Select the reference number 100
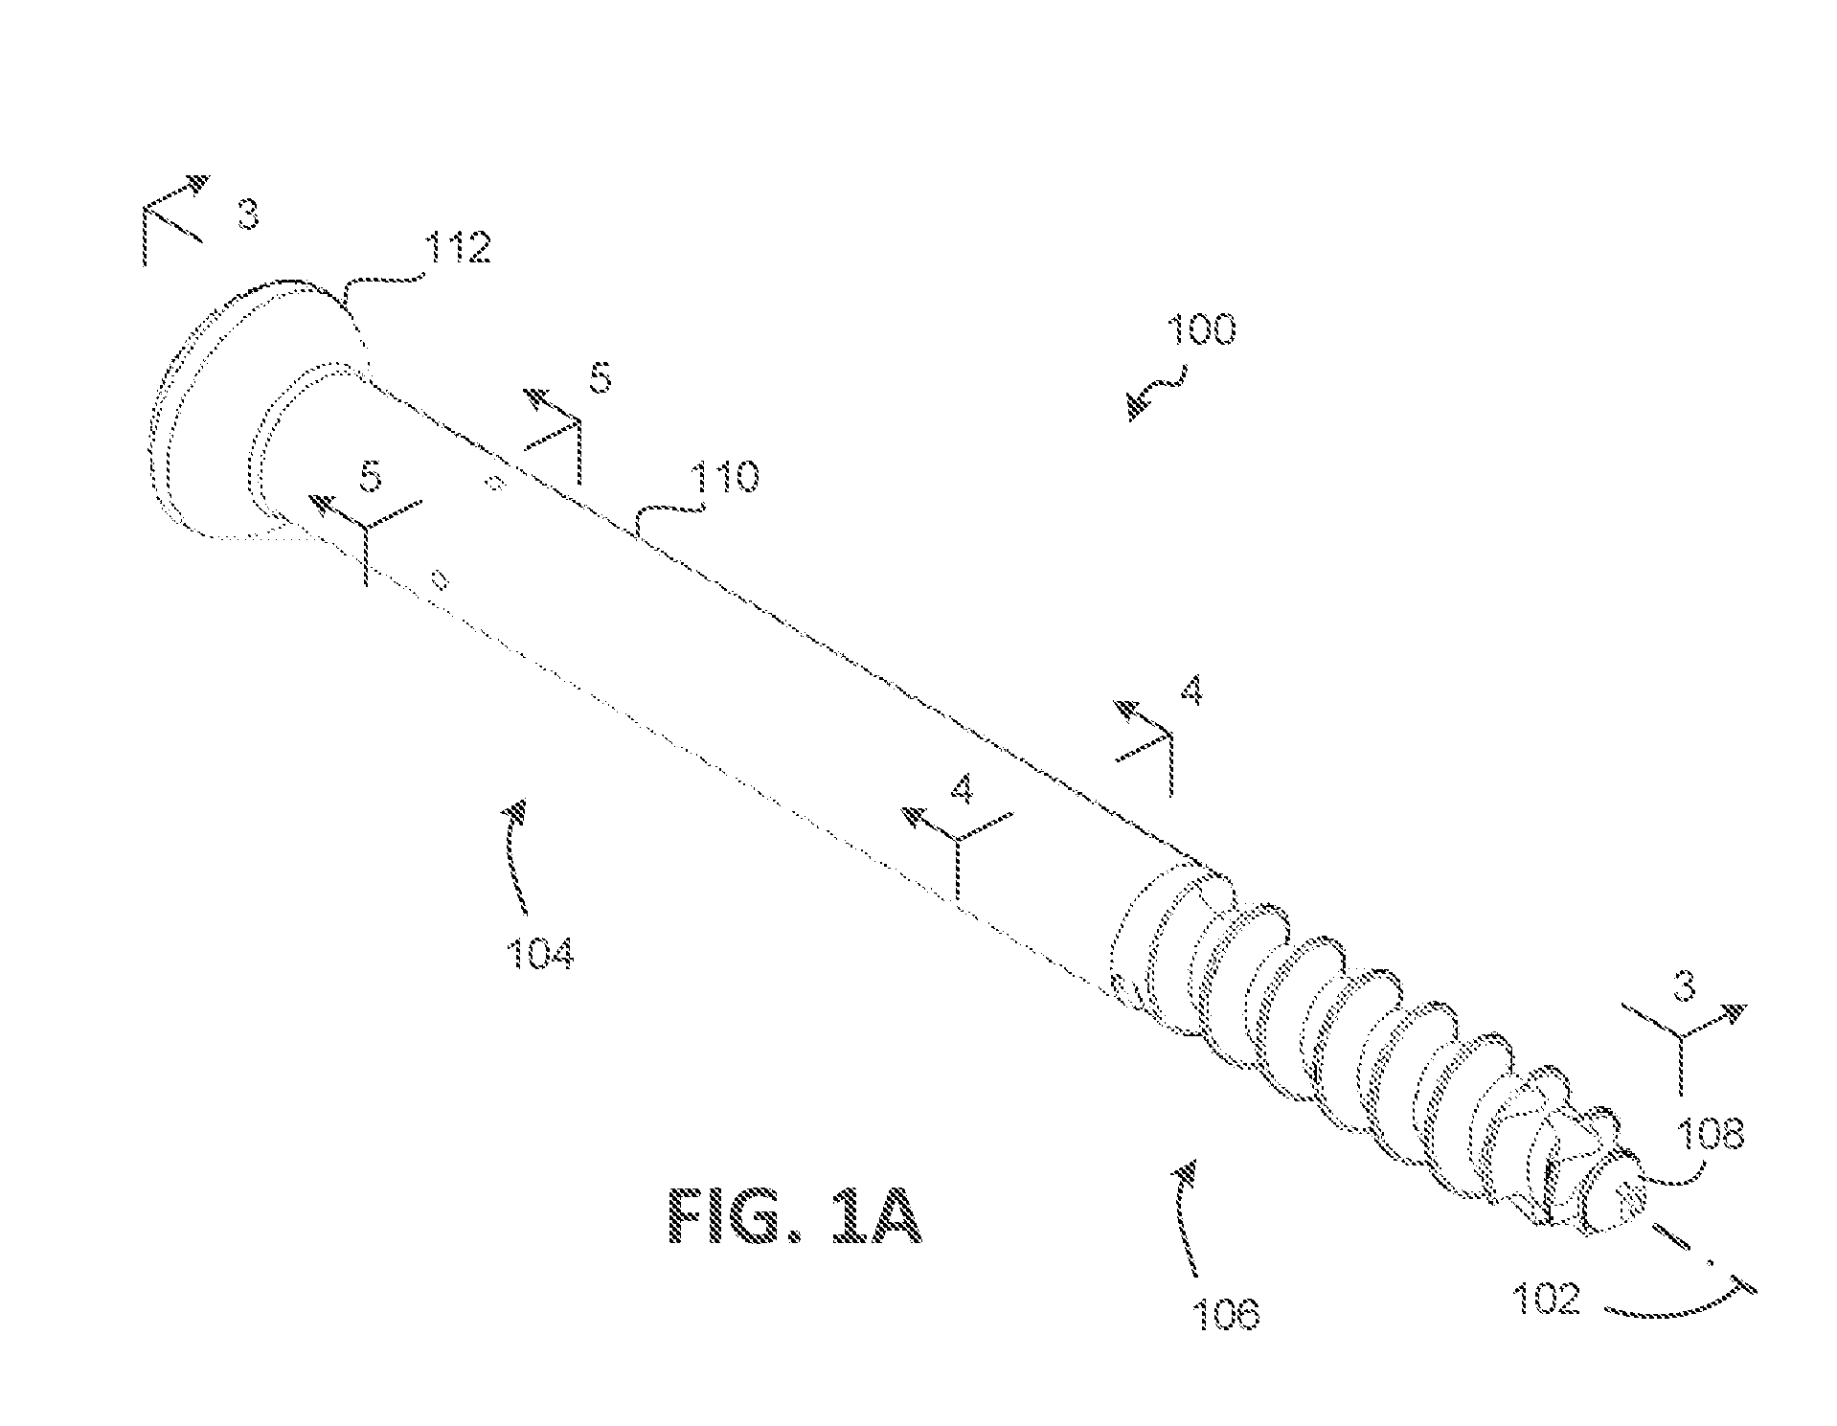click(1200, 329)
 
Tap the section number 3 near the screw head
click(247, 215)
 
